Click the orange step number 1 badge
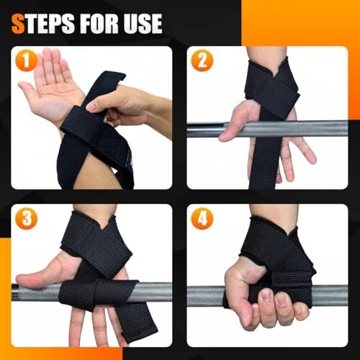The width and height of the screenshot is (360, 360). coord(27,60)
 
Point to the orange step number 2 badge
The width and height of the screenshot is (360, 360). coord(202,60)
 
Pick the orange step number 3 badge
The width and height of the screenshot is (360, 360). coord(27,218)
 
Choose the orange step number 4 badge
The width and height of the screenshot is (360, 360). coord(202,218)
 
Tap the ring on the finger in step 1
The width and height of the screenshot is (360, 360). coord(109,117)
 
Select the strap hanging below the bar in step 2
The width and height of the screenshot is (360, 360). coord(265,163)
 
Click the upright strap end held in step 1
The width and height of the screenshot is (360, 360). coord(106,84)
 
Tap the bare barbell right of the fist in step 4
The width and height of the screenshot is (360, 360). coord(331,296)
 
